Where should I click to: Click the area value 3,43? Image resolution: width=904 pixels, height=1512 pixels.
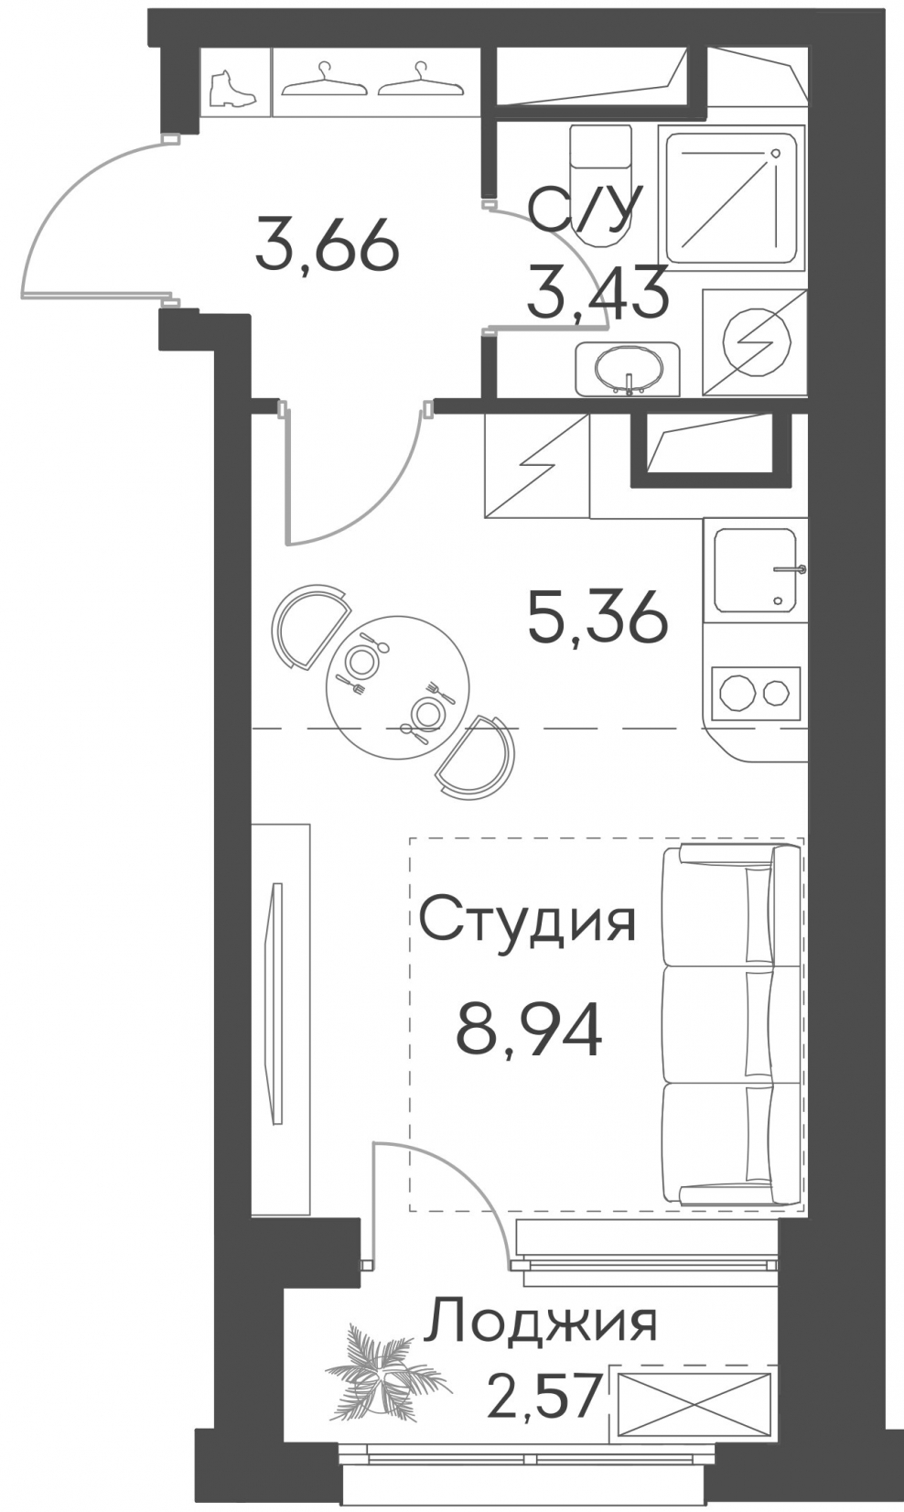pos(597,292)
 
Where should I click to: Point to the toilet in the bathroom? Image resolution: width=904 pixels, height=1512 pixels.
pos(600,187)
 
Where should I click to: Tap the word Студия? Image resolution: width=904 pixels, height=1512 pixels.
pos(527,921)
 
